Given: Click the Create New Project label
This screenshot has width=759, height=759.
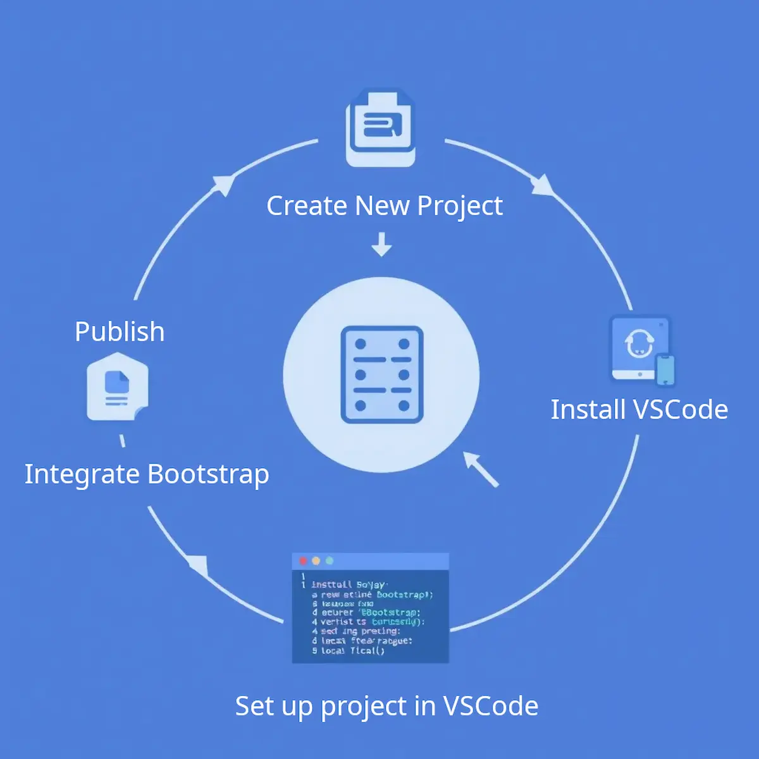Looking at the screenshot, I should click(385, 206).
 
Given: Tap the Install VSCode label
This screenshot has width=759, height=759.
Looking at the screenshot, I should click(639, 410).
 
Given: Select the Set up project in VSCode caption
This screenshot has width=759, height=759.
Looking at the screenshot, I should click(386, 706).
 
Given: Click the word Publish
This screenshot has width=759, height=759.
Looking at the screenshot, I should click(120, 332).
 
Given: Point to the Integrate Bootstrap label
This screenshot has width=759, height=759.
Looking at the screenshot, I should click(147, 474).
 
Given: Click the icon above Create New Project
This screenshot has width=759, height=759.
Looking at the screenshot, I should click(380, 128).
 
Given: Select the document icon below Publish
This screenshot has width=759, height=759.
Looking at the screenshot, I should click(118, 386).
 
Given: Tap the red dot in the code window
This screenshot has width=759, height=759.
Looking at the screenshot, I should click(303, 561).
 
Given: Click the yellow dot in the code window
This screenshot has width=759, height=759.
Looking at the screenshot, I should click(316, 561).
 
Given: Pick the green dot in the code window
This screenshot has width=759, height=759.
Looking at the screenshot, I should click(329, 561).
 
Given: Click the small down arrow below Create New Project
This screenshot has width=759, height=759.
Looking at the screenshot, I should click(381, 244).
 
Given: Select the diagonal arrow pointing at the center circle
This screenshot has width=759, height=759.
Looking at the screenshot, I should click(481, 469).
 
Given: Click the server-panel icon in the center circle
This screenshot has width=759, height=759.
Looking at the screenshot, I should click(381, 374).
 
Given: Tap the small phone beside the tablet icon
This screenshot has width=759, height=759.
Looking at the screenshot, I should click(665, 369).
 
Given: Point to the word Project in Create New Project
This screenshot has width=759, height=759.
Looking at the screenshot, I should click(460, 206).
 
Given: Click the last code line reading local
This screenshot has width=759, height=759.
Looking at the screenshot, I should click(352, 651).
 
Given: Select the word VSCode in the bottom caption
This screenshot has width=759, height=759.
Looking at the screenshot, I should click(490, 706).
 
